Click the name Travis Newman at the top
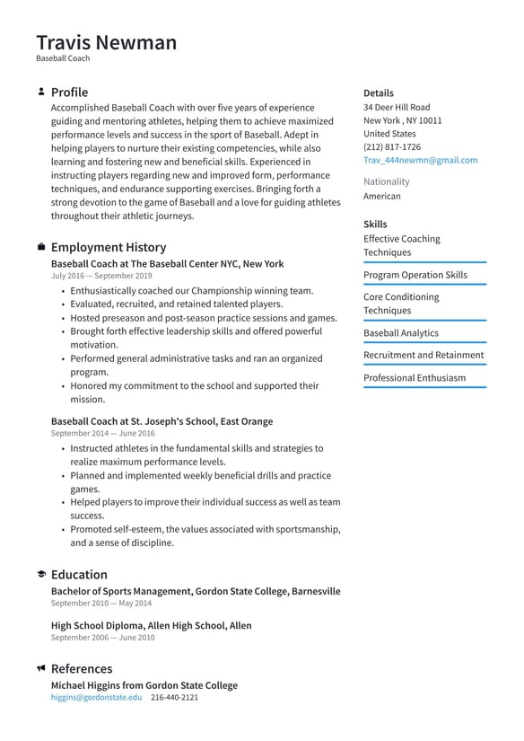(106, 42)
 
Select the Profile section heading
(69, 93)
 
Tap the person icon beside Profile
(41, 92)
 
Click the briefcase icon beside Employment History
(41, 247)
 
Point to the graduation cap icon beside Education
(41, 575)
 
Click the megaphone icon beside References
(41, 669)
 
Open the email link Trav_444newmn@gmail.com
(420, 160)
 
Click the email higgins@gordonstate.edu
(96, 697)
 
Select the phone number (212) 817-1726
(391, 146)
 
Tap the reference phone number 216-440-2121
(174, 697)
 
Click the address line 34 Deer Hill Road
(396, 107)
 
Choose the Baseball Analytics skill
(400, 333)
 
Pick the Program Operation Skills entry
(415, 275)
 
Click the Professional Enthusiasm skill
(414, 378)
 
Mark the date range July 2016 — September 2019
(100, 277)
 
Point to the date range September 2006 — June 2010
(102, 638)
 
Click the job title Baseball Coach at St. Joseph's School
(162, 421)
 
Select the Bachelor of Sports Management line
(195, 591)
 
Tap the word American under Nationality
(381, 196)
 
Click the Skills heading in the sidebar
(375, 225)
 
